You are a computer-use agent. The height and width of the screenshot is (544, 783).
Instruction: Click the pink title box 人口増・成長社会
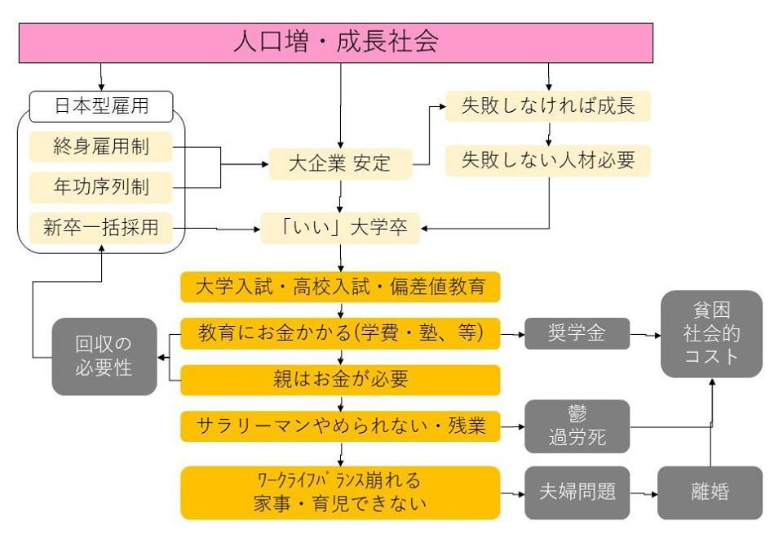point(336,42)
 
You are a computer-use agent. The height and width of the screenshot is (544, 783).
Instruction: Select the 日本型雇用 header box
point(101,106)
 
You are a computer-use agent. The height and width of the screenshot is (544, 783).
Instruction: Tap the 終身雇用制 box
point(101,146)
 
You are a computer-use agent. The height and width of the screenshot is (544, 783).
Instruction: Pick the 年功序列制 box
point(101,187)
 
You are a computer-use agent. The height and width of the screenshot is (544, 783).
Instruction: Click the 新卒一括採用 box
point(101,228)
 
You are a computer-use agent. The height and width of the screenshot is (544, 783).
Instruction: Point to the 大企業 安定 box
point(340,163)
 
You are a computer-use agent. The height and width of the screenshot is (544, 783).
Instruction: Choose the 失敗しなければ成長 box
point(548,106)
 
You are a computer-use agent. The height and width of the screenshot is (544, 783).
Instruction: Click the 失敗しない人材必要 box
point(548,160)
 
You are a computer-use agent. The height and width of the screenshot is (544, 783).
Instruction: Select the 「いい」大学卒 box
point(340,228)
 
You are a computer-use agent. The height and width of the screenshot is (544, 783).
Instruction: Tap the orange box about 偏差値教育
point(340,287)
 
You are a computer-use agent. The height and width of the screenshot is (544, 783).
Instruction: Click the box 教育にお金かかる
point(340,333)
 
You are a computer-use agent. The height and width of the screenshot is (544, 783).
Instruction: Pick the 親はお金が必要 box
point(340,380)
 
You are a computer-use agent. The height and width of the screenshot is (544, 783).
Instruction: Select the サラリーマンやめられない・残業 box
point(340,426)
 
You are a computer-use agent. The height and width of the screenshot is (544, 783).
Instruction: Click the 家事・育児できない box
point(340,493)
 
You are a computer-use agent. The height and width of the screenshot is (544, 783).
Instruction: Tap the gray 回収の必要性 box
point(104,356)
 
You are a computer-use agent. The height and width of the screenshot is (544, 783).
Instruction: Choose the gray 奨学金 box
point(577,333)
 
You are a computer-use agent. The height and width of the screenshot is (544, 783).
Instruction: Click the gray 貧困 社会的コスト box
point(711,334)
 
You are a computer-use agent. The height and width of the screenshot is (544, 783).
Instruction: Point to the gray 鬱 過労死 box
point(577,426)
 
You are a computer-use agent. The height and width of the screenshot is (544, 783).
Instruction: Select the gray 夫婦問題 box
point(577,493)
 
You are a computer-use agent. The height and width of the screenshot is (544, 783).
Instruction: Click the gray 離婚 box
point(710,493)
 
